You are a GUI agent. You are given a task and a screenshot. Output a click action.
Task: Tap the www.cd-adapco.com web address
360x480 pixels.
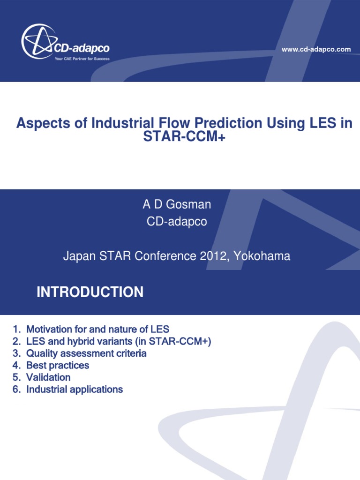(316, 49)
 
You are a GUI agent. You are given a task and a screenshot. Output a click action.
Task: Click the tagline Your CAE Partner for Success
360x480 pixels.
(82, 60)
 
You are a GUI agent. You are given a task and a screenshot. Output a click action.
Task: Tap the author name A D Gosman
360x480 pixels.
(177, 205)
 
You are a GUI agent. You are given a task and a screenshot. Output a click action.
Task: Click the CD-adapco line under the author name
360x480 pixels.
(177, 222)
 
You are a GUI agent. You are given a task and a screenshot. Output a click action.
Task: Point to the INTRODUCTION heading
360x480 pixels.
(90, 292)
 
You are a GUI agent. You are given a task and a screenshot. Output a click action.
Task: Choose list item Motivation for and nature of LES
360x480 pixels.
(97, 329)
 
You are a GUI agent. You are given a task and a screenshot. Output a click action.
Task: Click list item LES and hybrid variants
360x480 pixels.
(119, 341)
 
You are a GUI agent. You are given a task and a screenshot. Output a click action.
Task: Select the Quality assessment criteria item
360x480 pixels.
(86, 353)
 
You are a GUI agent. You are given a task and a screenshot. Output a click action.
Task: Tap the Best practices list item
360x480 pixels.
(58, 365)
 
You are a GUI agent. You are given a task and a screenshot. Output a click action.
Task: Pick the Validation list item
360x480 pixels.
(48, 377)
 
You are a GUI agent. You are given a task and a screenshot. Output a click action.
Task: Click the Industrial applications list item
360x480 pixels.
(75, 390)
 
